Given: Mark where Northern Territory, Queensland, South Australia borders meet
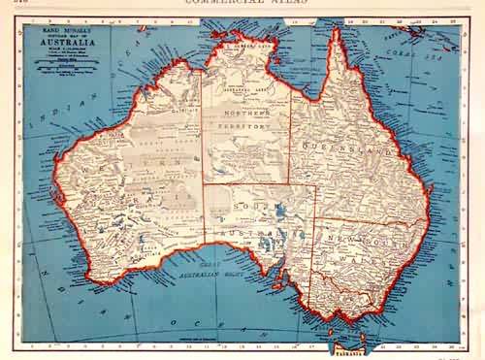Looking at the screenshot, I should pos(289,184).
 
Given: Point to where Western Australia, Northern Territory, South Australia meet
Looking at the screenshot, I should pos(203,184).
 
